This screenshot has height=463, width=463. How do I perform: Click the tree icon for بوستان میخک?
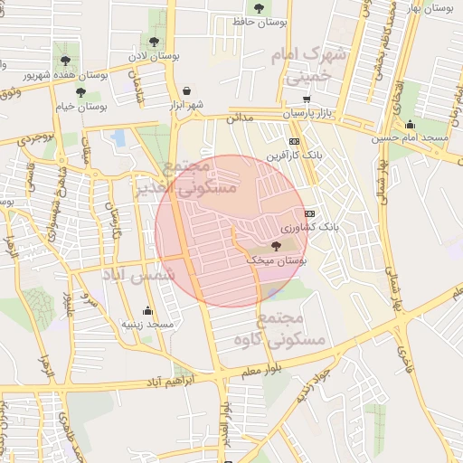[x=276, y=248]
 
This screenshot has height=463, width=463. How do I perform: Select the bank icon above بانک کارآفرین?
[x=294, y=142]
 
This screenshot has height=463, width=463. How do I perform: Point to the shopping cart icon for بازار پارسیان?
[x=307, y=100]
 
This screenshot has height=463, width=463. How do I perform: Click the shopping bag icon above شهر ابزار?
[x=186, y=91]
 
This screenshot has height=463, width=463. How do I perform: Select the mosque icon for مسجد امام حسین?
[x=411, y=125]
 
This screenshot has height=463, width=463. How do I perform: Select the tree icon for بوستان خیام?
[x=80, y=92]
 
